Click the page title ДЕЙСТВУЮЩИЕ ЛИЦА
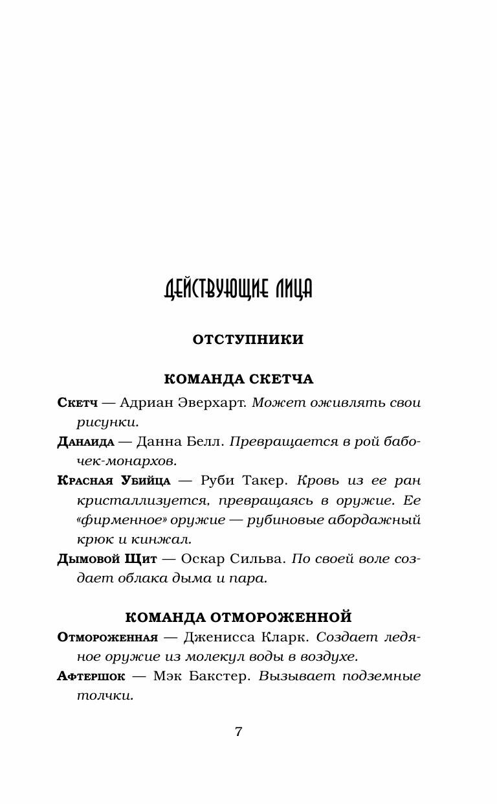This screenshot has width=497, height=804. click(238, 290)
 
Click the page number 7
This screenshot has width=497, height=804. click(239, 732)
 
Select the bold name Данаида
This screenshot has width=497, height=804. click(86, 442)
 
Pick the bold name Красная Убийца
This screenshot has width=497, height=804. click(114, 481)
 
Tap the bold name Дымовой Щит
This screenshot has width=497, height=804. click(107, 559)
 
